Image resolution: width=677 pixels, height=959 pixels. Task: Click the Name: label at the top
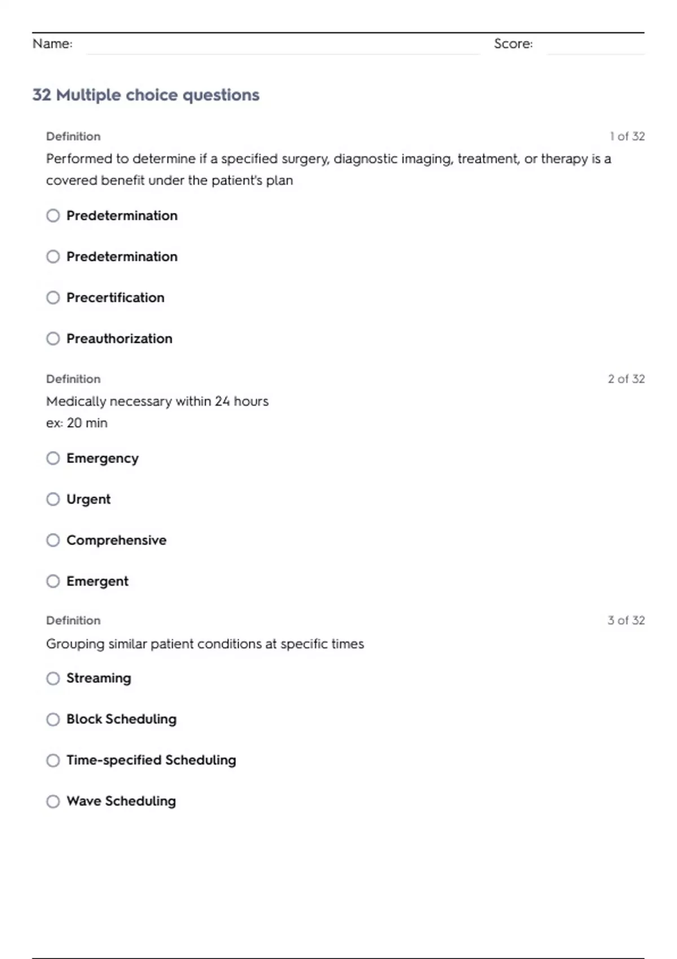point(52,43)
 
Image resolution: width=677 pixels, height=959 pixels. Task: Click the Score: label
point(513,43)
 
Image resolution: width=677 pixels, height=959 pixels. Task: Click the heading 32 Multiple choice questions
point(146,95)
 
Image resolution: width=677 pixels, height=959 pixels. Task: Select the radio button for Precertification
point(53,297)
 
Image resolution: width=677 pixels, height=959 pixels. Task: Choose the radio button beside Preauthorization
point(53,338)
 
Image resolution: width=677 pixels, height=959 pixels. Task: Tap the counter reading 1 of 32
point(627,137)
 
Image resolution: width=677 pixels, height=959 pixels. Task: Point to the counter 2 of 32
point(626,379)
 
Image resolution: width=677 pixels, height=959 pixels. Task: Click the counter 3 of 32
point(626,621)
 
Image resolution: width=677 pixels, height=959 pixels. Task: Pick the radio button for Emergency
point(53,458)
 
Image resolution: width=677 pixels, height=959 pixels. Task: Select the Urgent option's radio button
point(53,499)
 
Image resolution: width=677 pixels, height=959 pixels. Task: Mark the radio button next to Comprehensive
point(53,540)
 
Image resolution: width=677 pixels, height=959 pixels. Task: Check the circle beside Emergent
point(53,581)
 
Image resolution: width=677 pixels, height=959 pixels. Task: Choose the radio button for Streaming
point(53,678)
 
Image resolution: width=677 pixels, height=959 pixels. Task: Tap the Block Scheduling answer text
point(121,719)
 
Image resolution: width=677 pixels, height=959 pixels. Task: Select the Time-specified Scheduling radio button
point(53,760)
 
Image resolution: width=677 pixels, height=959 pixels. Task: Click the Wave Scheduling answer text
point(121,801)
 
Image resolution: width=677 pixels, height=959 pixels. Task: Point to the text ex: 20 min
point(77,423)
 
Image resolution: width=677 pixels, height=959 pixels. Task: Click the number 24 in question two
point(222,401)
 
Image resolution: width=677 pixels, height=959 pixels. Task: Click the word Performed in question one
point(79,159)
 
